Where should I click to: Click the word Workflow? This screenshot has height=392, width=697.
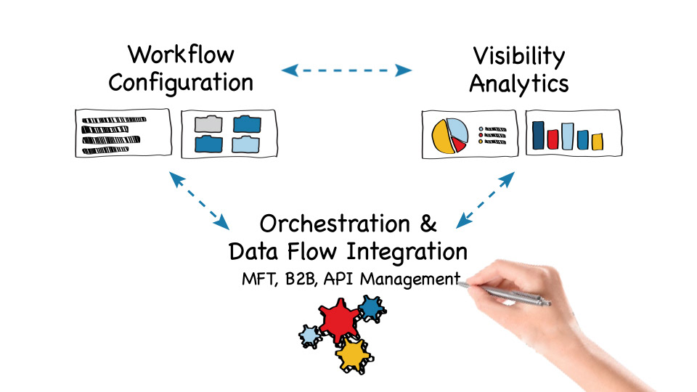point(181,54)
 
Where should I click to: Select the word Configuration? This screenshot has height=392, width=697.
point(181,82)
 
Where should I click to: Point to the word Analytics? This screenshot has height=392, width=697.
point(518,83)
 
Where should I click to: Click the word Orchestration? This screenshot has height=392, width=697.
point(335,223)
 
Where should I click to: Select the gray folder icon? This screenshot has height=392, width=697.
point(208,123)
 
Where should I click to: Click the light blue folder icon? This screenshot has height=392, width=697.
point(245,144)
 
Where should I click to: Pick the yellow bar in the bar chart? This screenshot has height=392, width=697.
point(597,141)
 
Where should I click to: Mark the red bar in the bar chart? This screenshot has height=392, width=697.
point(553,138)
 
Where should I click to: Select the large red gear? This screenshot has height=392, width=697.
point(338,321)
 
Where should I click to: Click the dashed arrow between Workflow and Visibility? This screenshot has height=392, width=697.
point(346,70)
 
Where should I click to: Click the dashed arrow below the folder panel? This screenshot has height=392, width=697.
point(198,198)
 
